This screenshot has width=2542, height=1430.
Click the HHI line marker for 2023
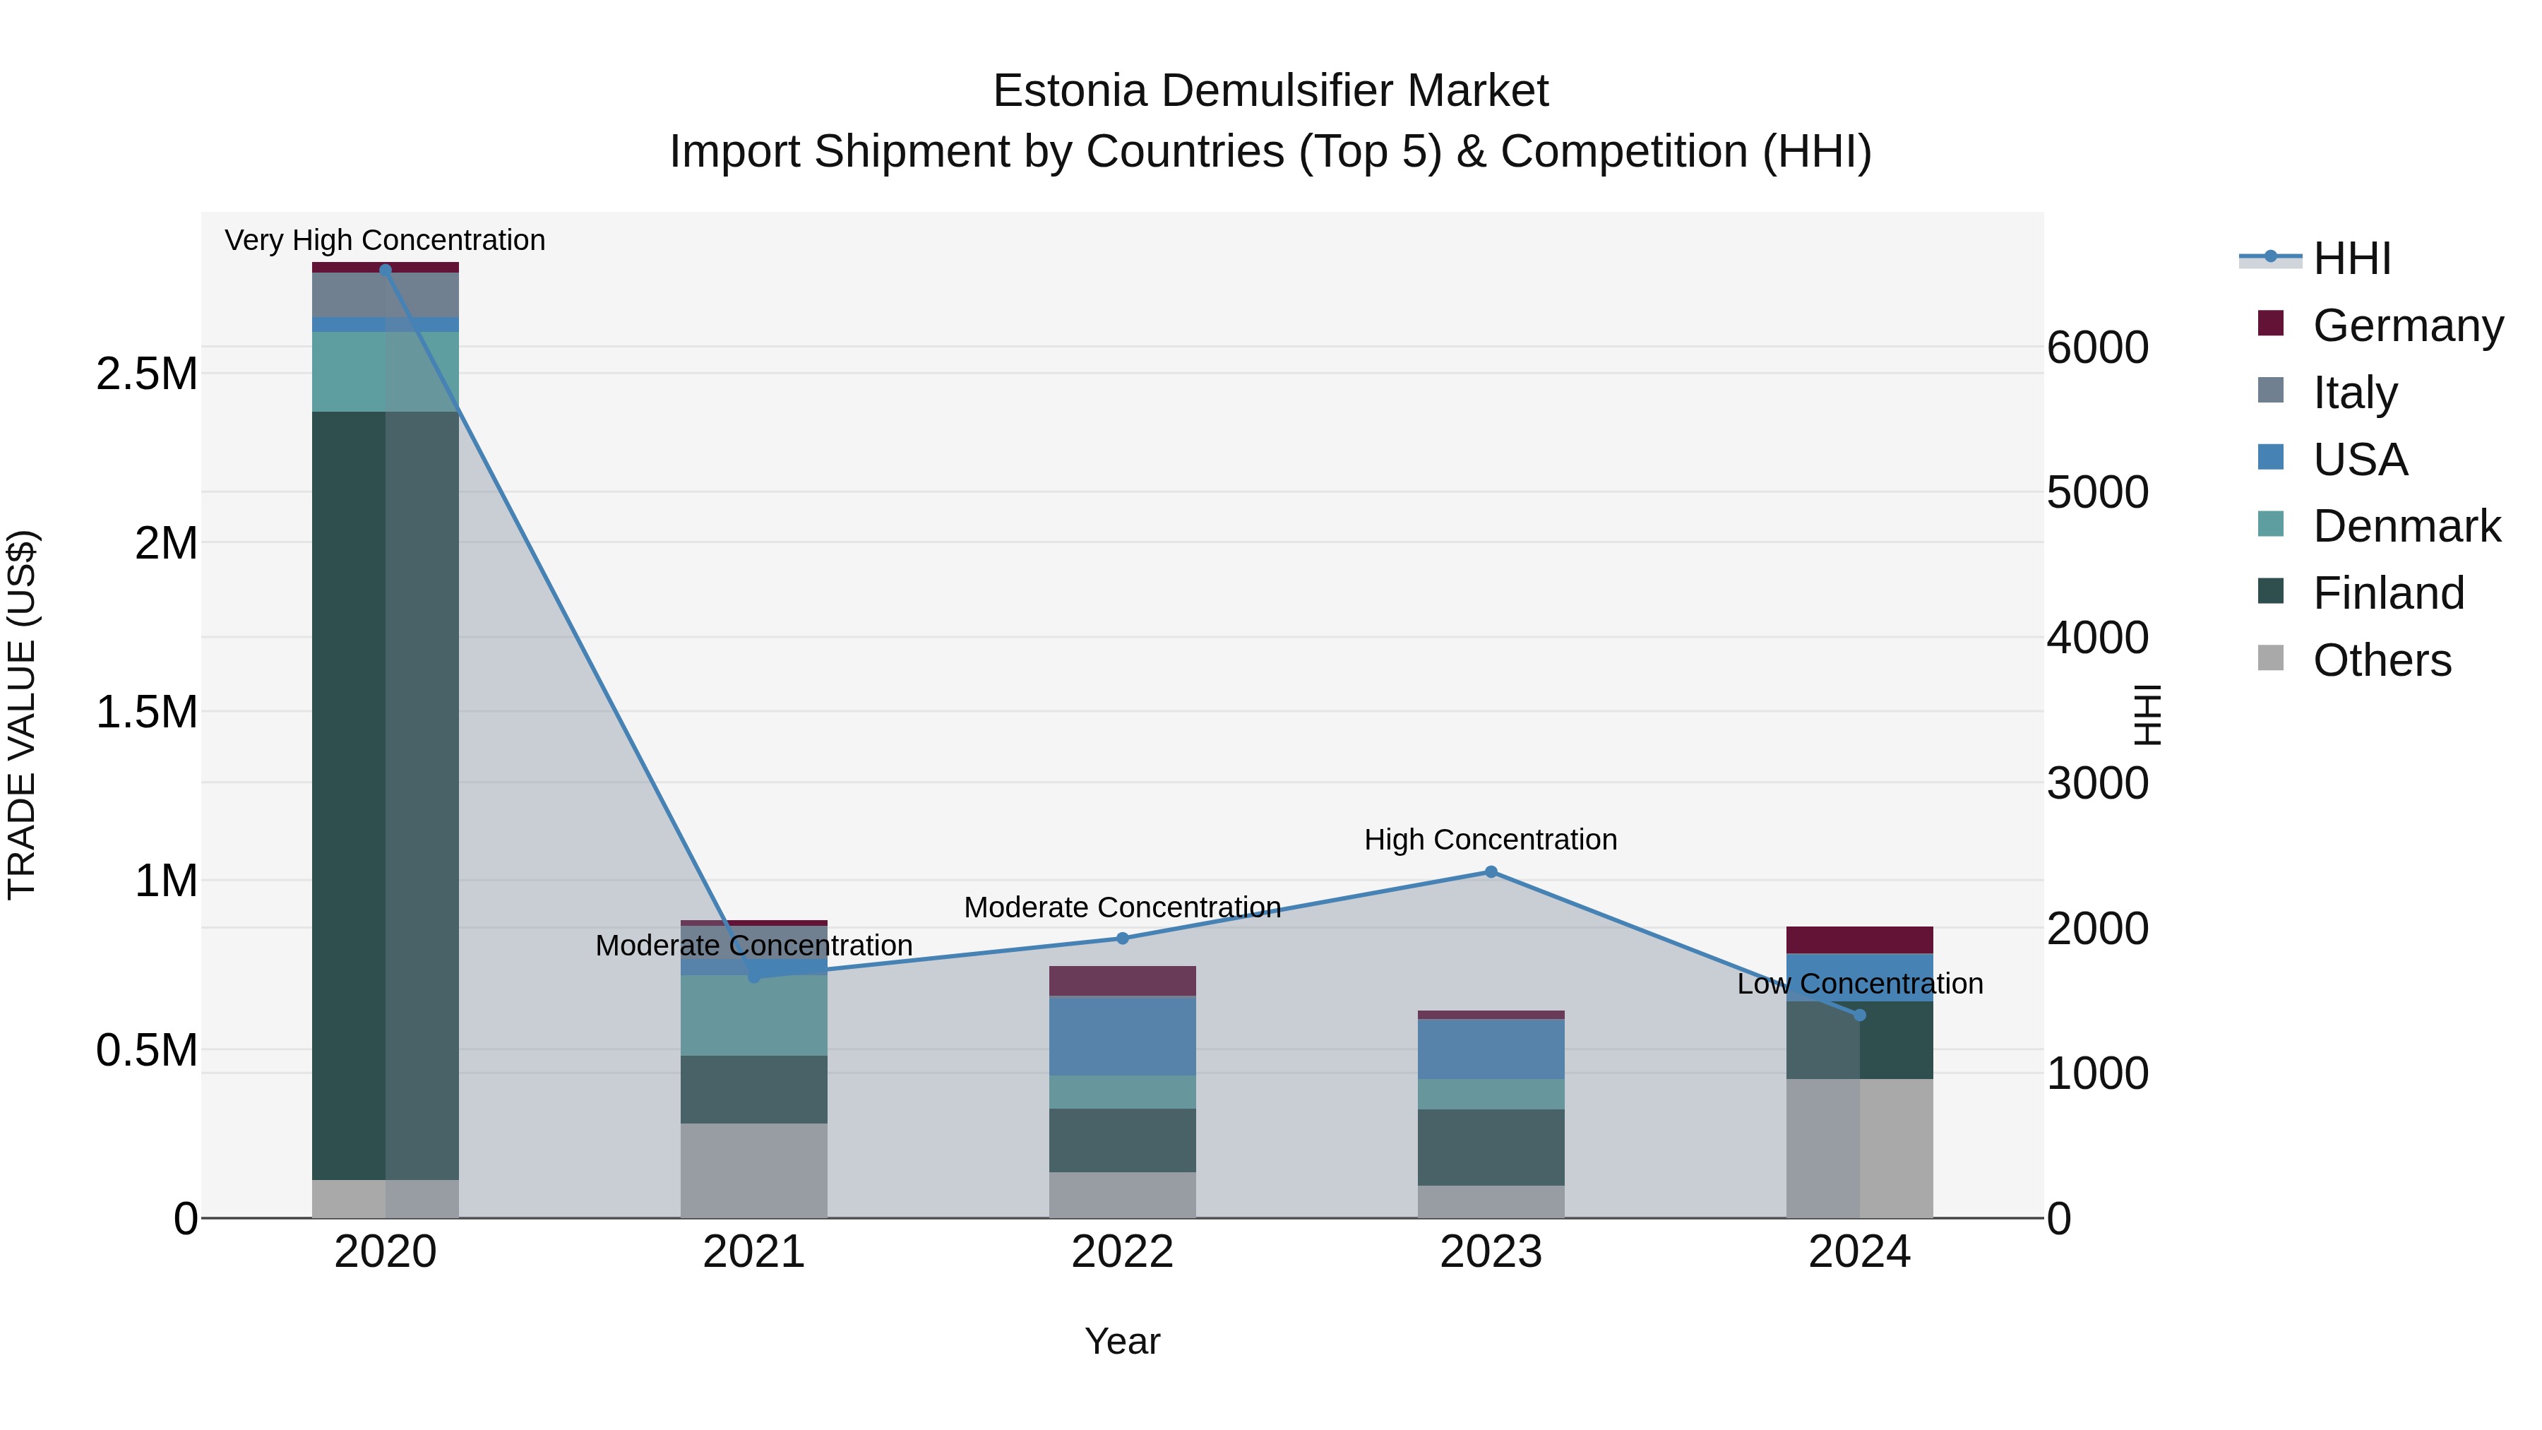click(1491, 871)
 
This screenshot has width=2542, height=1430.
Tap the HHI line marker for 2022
click(1122, 938)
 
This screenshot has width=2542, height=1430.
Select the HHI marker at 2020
click(386, 270)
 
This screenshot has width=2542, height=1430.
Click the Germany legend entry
click(2407, 325)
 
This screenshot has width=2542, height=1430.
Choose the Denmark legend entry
click(2406, 526)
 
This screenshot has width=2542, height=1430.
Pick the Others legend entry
click(2381, 660)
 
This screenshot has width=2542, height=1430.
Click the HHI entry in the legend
click(2351, 258)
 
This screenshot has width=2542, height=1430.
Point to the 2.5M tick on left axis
click(146, 374)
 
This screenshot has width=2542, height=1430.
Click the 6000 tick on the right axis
click(2097, 347)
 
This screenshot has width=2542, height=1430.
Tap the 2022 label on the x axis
click(1122, 1252)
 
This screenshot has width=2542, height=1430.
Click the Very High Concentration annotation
click(385, 240)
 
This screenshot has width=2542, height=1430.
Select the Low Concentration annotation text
click(1859, 983)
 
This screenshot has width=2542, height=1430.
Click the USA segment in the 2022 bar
click(1122, 1035)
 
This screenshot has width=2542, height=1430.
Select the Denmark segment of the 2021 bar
click(754, 1016)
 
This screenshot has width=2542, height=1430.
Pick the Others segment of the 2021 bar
click(754, 1170)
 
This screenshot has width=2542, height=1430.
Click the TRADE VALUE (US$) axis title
click(22, 715)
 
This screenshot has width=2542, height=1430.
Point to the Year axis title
click(1122, 1341)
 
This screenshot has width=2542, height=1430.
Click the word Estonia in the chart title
click(1070, 91)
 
